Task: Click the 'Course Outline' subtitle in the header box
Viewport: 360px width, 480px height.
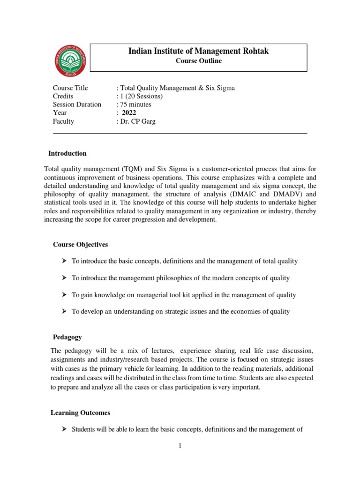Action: [198, 61]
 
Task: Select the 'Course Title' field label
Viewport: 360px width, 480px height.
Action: [70, 88]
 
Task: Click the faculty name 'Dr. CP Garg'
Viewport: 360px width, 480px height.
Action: [138, 121]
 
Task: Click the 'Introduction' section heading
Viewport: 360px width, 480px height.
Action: [68, 153]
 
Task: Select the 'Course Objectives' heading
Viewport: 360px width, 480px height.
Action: [81, 244]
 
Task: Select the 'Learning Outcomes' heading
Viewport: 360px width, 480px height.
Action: [80, 413]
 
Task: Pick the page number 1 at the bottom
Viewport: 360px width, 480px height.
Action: [180, 446]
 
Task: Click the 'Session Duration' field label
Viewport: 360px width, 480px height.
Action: [77, 105]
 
